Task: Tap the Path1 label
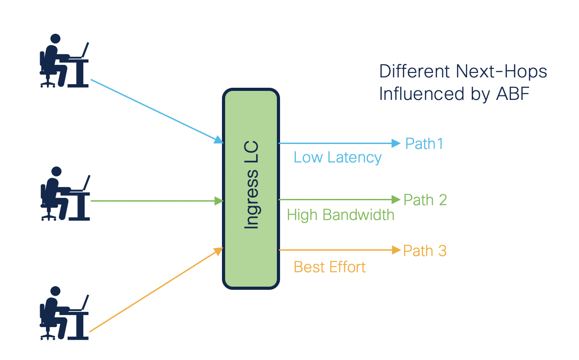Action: [x=424, y=144]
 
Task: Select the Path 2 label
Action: [x=425, y=200]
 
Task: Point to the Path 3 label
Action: [x=425, y=251]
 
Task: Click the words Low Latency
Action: [x=337, y=157]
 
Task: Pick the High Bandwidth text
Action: [x=340, y=215]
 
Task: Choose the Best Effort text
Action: [x=330, y=267]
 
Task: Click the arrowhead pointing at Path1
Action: [x=396, y=144]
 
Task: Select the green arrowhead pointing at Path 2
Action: [x=396, y=199]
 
